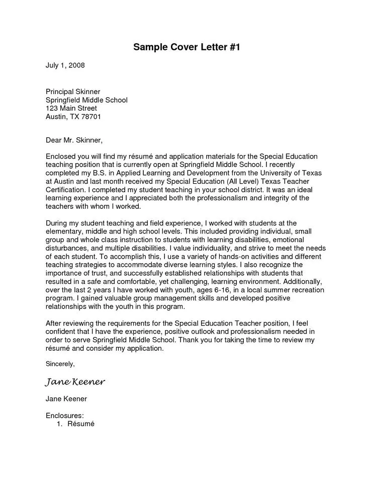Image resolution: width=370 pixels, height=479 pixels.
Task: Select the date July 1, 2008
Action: click(x=65, y=65)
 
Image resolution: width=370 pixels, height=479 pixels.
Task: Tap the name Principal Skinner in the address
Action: click(x=73, y=92)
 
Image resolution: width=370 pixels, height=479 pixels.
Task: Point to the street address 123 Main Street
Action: click(x=71, y=108)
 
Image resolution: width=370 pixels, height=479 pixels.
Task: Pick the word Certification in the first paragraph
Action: click(x=65, y=190)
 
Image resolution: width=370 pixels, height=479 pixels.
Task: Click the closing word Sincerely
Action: click(x=60, y=363)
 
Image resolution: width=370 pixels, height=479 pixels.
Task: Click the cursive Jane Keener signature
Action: click(x=75, y=382)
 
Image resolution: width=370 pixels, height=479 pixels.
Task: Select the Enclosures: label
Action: click(x=64, y=416)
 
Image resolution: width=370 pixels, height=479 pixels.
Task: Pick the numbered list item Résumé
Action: click(x=81, y=424)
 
